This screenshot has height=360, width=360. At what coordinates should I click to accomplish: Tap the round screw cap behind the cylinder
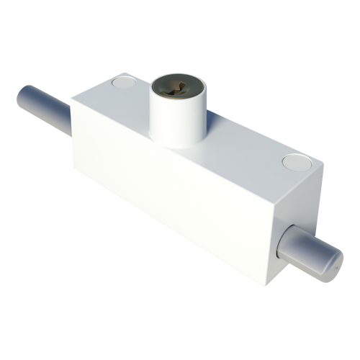pos(123,84)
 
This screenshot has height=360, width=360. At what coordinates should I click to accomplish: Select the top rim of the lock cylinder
pos(176,76)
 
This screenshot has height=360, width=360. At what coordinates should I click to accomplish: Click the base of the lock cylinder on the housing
pos(176,143)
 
